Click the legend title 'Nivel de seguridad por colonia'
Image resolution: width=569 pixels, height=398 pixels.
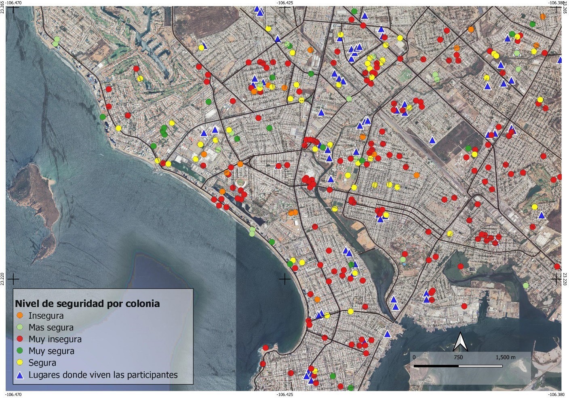coord(87,303)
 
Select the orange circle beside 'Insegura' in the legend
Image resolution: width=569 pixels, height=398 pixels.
coord(20,315)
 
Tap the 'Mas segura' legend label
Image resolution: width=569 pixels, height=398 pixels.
coord(51,327)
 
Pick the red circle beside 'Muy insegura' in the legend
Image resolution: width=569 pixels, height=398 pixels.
coord(20,339)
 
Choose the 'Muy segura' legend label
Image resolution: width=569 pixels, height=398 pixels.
coord(51,351)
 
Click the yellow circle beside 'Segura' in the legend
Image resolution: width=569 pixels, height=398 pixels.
coord(20,363)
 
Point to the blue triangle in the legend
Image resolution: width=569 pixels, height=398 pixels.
coord(20,375)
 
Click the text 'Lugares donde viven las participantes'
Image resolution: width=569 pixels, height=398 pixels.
coord(103,375)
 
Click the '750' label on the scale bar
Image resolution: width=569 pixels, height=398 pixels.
coord(458,358)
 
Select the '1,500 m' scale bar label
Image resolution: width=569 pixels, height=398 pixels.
coord(505,358)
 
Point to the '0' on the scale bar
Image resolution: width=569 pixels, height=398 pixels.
coord(414,358)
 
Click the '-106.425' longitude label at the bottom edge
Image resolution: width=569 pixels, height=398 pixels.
coord(285,394)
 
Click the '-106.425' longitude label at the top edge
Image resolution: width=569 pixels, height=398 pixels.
coord(285,2)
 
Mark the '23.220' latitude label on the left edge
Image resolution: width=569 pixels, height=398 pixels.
coord(2,279)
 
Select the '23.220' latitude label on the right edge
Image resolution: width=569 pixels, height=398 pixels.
coord(566,279)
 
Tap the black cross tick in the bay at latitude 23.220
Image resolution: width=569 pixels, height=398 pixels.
coord(285,279)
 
